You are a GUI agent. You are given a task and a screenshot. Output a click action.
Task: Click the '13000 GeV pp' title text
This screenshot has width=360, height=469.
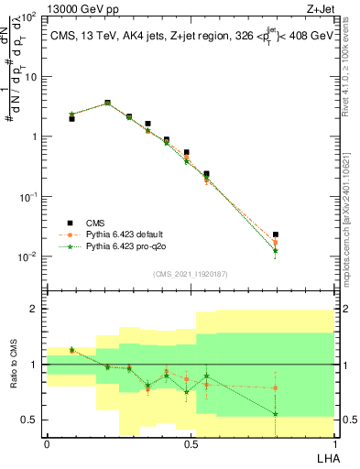(x=78, y=7)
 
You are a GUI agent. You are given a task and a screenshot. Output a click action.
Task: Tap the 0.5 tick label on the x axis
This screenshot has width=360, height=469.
(x=191, y=442)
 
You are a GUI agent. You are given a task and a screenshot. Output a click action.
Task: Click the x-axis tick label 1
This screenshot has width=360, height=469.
(x=334, y=442)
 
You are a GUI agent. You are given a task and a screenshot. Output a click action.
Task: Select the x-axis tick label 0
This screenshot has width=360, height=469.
(x=47, y=442)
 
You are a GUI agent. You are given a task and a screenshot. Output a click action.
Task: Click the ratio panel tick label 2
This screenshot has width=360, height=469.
(x=34, y=310)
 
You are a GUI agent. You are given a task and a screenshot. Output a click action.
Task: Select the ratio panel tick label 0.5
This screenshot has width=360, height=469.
(x=29, y=420)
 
